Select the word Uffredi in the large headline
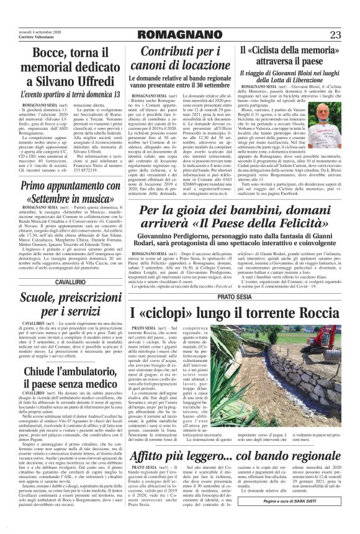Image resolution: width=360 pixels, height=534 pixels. [x=88, y=81]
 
